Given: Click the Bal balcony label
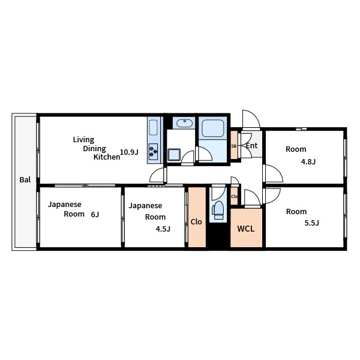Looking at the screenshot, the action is (25, 179).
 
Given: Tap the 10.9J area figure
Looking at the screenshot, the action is (129, 152).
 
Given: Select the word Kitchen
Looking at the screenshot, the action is (107, 157).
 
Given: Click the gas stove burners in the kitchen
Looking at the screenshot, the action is (153, 152).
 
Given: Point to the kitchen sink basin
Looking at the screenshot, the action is (154, 128).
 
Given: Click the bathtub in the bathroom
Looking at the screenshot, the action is (213, 128).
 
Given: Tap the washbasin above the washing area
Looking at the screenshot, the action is (184, 123).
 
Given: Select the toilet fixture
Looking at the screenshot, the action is (218, 210).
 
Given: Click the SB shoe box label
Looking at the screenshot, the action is (234, 146).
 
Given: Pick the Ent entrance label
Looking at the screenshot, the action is (251, 146).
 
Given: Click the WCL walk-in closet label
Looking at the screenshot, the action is (245, 229).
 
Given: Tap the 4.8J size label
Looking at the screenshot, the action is (308, 161).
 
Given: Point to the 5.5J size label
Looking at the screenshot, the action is (311, 223).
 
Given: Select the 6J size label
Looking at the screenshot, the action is (95, 214).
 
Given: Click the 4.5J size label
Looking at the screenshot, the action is (163, 229).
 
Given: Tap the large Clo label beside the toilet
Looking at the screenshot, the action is (196, 222).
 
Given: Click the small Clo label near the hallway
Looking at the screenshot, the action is (234, 197).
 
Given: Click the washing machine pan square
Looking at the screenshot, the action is (174, 155).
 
